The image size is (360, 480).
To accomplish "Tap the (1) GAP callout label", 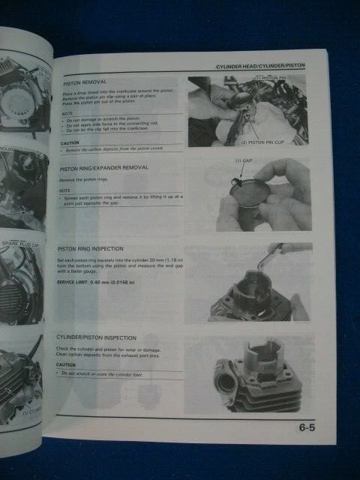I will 244,163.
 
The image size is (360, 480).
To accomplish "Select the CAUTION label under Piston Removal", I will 70,142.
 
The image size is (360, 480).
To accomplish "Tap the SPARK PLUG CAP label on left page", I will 22,226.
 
